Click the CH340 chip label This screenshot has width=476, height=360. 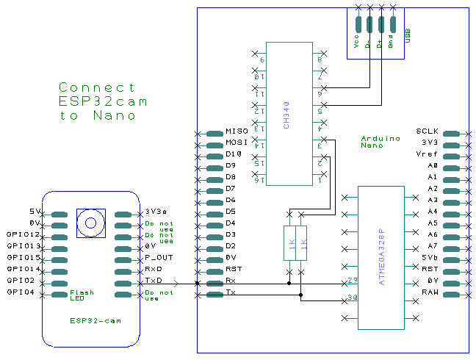(286, 115)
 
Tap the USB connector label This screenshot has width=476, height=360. (408, 36)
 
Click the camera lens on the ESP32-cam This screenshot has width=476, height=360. (91, 223)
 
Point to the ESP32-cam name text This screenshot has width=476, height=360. (95, 321)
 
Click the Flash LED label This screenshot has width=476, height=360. (82, 295)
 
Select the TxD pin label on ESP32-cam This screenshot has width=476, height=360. (153, 281)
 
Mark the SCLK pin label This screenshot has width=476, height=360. (427, 132)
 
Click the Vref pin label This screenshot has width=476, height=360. (427, 155)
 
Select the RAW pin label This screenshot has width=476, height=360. (430, 292)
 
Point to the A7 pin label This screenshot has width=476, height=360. (433, 246)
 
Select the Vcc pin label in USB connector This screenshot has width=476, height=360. (356, 42)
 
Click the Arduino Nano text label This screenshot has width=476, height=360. (381, 141)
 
